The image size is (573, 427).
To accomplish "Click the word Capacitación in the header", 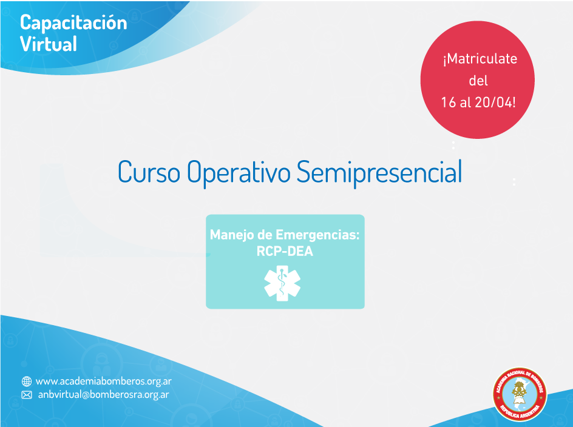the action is (x=73, y=24).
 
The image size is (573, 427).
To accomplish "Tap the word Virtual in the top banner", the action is (x=48, y=44).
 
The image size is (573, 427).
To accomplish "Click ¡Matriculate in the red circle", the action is (x=480, y=59).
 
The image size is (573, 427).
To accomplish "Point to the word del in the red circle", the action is (x=478, y=80).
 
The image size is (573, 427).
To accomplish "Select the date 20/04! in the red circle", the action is (x=495, y=103).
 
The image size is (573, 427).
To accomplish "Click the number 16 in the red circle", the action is (x=449, y=103).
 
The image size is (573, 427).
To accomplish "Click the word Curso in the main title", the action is (x=149, y=172).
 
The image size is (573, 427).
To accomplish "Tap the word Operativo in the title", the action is (x=239, y=173).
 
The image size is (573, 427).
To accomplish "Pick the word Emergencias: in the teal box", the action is (x=317, y=235).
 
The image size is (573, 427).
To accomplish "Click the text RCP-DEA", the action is (x=285, y=251).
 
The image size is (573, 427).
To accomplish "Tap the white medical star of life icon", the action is (x=282, y=283).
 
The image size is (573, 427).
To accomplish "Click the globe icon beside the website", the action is (x=27, y=382).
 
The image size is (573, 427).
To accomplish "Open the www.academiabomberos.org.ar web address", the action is (x=103, y=382).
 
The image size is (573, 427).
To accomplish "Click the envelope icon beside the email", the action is (x=27, y=395).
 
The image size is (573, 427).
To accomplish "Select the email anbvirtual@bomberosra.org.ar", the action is (x=103, y=395).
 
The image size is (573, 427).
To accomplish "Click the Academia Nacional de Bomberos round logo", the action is (x=520, y=394).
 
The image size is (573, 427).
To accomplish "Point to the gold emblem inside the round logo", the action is (x=520, y=391).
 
